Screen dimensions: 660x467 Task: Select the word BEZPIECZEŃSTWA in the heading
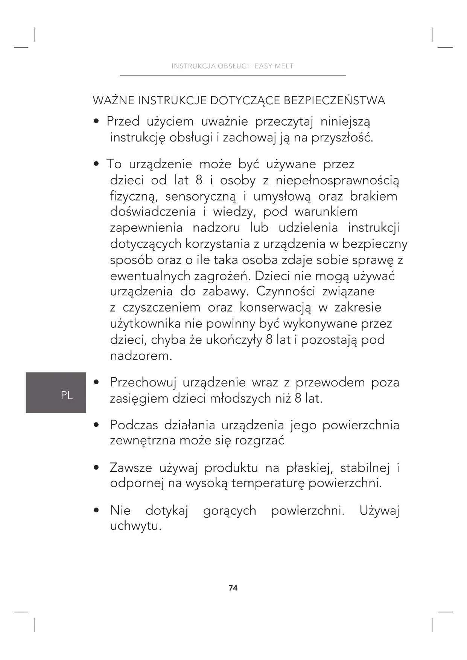click(334, 100)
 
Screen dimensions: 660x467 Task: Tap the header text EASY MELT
click(274, 66)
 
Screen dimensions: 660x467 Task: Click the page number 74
click(233, 588)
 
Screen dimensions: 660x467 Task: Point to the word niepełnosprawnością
click(338, 181)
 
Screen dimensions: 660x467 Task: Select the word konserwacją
click(275, 308)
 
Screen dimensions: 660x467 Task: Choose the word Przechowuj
click(143, 383)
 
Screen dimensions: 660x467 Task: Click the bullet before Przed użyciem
click(97, 122)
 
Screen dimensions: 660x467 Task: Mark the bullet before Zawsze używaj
click(97, 468)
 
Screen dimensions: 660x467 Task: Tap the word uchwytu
click(135, 526)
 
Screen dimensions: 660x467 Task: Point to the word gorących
click(230, 511)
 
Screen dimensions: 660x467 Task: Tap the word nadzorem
click(141, 356)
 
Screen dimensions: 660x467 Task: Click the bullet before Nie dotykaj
click(97, 511)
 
